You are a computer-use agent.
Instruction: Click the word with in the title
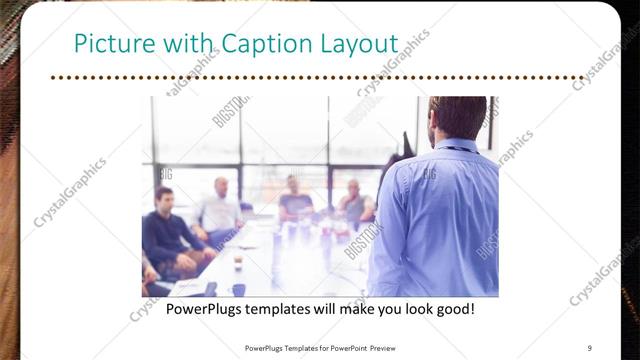pos(183,45)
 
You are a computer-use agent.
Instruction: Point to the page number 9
pos(590,348)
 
